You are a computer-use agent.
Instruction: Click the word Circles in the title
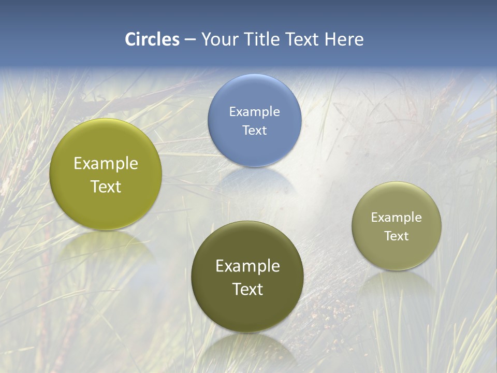tap(152, 39)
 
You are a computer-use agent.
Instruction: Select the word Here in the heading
tap(344, 39)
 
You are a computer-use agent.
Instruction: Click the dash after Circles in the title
tap(190, 40)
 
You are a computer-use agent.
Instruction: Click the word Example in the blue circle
tap(254, 111)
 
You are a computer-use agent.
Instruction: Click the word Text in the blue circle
tap(254, 130)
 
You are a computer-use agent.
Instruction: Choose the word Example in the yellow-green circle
tap(106, 163)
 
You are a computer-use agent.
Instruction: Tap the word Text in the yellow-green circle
tap(106, 187)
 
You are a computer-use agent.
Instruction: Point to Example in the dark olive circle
tap(247, 266)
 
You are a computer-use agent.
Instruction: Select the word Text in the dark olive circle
tap(247, 289)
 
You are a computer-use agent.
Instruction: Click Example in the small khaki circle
tap(397, 217)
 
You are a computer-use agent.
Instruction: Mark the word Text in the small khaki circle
tap(397, 236)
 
